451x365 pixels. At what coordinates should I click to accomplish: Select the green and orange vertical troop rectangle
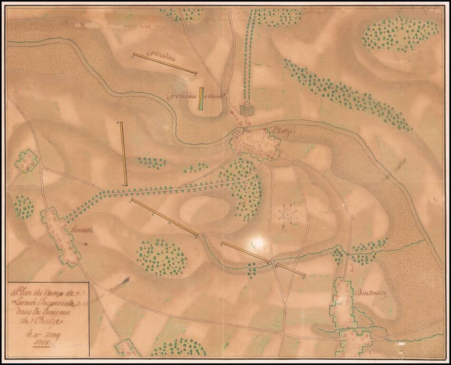coord(202,98)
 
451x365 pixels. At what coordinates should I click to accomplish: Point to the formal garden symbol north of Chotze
coord(246,110)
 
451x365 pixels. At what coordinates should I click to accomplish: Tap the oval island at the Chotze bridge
coord(237,133)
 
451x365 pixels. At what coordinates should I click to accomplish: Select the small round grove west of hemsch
coord(24,207)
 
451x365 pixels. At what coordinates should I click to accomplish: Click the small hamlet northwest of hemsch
coord(27,162)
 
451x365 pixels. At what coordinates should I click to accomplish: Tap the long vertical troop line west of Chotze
coord(123,153)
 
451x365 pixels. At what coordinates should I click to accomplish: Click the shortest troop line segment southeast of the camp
coord(290,269)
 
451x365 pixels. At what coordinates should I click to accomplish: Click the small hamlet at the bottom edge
coord(127,347)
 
